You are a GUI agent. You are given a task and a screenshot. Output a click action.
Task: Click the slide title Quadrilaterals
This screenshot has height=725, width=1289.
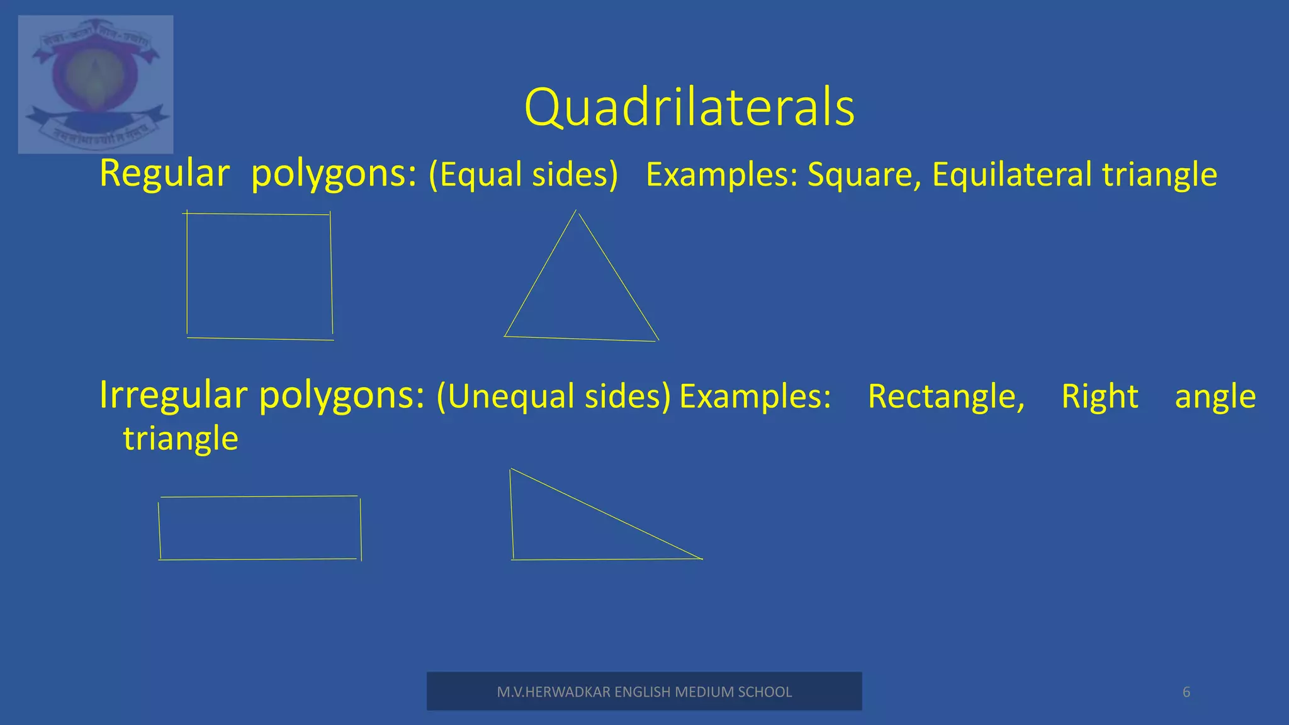pyautogui.click(x=689, y=108)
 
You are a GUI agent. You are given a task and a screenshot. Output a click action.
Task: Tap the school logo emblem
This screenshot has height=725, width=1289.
pyautogui.click(x=96, y=84)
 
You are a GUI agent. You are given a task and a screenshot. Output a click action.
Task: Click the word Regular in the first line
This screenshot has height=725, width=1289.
pyautogui.click(x=164, y=174)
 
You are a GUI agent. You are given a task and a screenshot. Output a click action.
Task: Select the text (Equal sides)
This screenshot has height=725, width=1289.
pyautogui.click(x=523, y=175)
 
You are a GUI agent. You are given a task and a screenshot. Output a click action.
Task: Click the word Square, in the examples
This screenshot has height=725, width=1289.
pyautogui.click(x=864, y=175)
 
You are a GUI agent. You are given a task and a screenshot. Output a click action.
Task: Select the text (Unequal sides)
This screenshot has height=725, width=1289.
pyautogui.click(x=553, y=397)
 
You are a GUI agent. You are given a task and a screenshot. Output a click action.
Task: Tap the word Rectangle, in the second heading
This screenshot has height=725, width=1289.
pyautogui.click(x=946, y=397)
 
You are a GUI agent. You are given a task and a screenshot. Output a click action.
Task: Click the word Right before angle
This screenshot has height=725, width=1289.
pyautogui.click(x=1100, y=397)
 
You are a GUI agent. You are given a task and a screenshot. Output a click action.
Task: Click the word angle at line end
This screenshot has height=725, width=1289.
pyautogui.click(x=1215, y=397)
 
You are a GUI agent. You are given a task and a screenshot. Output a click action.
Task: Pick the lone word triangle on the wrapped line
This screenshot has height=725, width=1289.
pyautogui.click(x=181, y=439)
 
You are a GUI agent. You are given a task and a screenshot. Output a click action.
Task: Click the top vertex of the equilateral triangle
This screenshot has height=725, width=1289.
pyautogui.click(x=576, y=211)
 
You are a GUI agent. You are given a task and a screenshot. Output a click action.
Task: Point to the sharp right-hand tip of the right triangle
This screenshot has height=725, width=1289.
pyautogui.click(x=701, y=558)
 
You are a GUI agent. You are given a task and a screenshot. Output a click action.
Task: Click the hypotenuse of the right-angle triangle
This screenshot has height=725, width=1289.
pyautogui.click(x=605, y=514)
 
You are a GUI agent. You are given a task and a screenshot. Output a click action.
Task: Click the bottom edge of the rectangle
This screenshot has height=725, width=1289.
pyautogui.click(x=258, y=559)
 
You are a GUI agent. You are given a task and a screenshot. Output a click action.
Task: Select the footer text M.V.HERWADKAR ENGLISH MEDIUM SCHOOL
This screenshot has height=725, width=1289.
pyautogui.click(x=644, y=692)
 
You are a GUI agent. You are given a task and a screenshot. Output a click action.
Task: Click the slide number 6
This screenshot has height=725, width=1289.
pyautogui.click(x=1186, y=692)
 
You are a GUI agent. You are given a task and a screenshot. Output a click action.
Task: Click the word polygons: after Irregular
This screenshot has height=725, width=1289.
pyautogui.click(x=342, y=396)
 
